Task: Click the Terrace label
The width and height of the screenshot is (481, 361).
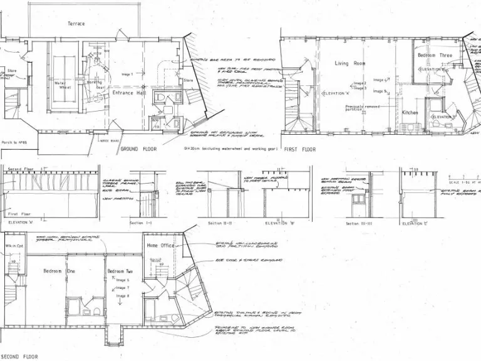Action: tap(76, 24)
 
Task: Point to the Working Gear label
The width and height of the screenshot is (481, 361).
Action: tap(95, 85)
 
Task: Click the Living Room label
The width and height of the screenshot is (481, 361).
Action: tap(350, 63)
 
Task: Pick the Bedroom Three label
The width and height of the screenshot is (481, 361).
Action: tap(435, 56)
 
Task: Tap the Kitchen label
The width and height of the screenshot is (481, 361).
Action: tap(410, 113)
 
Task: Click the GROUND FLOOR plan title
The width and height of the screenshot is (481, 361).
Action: tap(138, 150)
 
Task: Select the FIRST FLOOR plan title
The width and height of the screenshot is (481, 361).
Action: tap(300, 150)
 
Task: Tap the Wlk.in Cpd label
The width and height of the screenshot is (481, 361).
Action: tap(15, 246)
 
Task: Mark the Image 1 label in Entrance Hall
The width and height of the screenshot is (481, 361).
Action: tap(127, 74)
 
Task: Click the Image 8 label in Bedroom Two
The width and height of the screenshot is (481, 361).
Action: tap(123, 295)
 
